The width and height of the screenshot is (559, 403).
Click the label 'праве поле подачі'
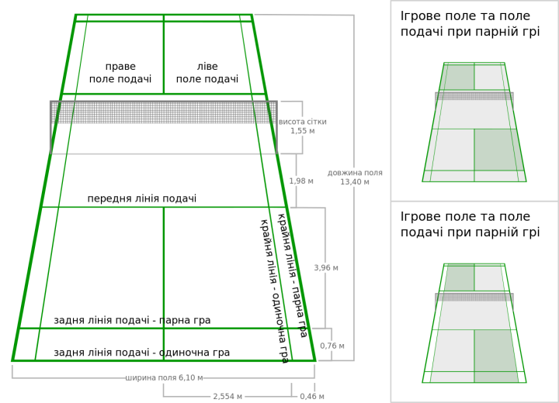pyautogui.click(x=120, y=73)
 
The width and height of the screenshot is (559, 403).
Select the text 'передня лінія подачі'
pyautogui.click(x=141, y=199)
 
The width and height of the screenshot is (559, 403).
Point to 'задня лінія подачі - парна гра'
pyautogui.click(x=132, y=320)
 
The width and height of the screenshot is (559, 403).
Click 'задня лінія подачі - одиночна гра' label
pyautogui.click(x=141, y=353)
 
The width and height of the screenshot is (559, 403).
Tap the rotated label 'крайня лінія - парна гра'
pyautogui.click(x=293, y=275)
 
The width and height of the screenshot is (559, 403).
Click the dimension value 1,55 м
pyautogui.click(x=303, y=131)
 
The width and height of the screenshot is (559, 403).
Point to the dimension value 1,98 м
pyautogui.click(x=301, y=181)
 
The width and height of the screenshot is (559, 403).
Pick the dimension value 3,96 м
pyautogui.click(x=326, y=268)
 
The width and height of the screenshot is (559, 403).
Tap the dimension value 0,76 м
pyautogui.click(x=332, y=346)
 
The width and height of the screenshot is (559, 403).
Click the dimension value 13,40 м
pyautogui.click(x=355, y=182)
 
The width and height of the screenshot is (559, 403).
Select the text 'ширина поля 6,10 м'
pyautogui.click(x=164, y=378)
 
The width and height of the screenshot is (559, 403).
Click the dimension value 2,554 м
pyautogui.click(x=227, y=397)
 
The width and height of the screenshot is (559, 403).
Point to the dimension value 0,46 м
pyautogui.click(x=312, y=397)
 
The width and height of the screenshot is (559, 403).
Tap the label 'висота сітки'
pyautogui.click(x=303, y=122)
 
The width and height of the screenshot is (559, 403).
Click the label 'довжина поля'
pyautogui.click(x=355, y=173)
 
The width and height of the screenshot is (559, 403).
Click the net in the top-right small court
pyautogui.click(x=474, y=96)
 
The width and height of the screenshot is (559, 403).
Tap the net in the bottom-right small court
pyautogui.click(x=474, y=297)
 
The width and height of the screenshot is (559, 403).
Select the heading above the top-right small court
pyautogui.click(x=470, y=23)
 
